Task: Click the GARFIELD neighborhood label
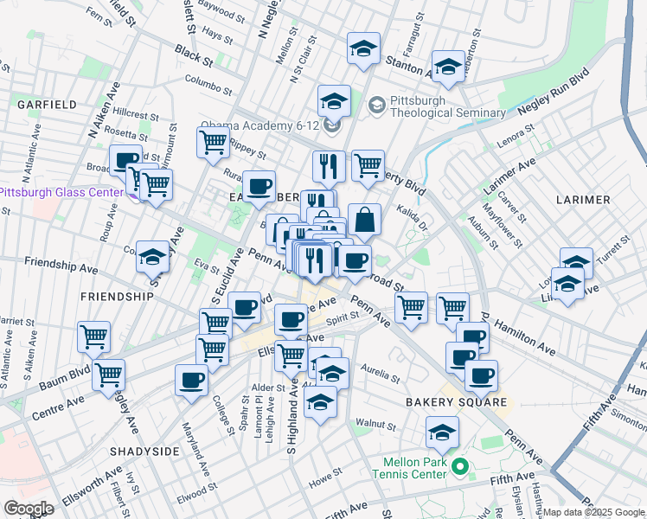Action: (47, 105)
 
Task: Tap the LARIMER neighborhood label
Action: (584, 200)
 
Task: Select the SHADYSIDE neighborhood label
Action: (144, 452)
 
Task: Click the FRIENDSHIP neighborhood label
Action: (117, 296)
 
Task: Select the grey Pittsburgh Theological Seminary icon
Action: (376, 106)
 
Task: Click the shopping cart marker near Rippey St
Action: (213, 141)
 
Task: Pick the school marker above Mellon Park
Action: (442, 432)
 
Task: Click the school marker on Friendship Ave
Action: (152, 257)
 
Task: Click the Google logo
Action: (29, 509)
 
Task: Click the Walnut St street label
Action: (375, 426)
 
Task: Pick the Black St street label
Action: (193, 58)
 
